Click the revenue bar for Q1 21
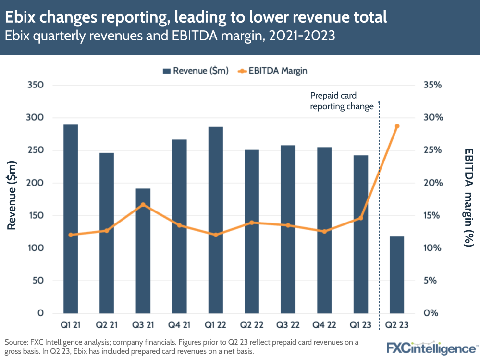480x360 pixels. (71, 219)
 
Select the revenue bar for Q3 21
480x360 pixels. (143, 250)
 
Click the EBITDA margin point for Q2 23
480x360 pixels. (397, 126)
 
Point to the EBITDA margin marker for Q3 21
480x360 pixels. (143, 205)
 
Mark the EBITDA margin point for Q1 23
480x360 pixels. (360, 218)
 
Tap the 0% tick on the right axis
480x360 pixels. (431, 313)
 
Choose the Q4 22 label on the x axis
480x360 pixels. (324, 325)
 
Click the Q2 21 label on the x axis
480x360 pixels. (107, 325)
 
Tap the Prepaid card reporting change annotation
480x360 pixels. (342, 101)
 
